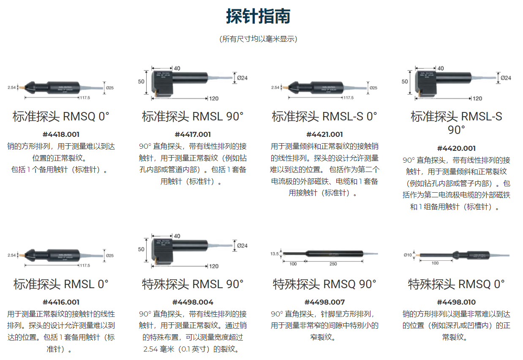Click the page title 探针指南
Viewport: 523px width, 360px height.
click(258, 16)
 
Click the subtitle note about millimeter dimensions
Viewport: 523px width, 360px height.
click(258, 39)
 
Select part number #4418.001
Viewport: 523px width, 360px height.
click(61, 134)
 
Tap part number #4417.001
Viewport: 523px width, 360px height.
click(193, 134)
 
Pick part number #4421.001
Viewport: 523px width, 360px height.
click(324, 134)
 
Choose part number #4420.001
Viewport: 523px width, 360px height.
click(456, 148)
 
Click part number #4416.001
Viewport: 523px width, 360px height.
click(61, 302)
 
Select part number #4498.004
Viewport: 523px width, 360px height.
click(193, 302)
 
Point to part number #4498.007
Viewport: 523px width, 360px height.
click(324, 302)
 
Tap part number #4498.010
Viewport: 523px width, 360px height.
click(456, 302)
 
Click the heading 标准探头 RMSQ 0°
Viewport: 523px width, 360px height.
click(61, 117)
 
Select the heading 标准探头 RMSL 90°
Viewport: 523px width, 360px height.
click(193, 117)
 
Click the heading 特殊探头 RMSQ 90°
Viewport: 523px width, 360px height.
click(324, 284)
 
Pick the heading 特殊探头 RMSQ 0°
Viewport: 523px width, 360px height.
click(456, 284)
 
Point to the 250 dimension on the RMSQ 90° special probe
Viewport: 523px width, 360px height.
click(333, 264)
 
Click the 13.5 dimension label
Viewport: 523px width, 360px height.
click(274, 254)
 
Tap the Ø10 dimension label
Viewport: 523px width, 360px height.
click(407, 255)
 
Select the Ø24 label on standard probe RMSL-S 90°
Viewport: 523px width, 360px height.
click(505, 78)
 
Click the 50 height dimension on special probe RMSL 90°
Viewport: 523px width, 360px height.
click(141, 249)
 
